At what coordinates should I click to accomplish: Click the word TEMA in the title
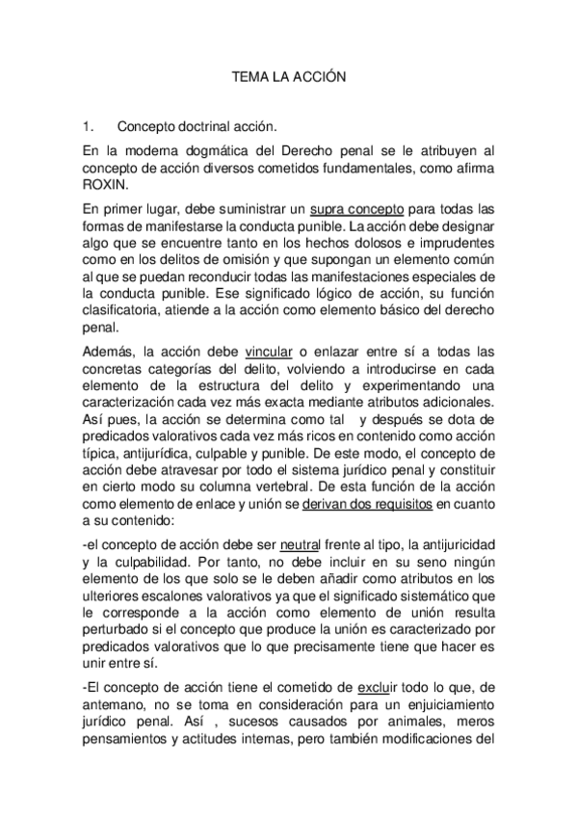pyautogui.click(x=249, y=75)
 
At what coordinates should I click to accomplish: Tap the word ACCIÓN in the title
pyautogui.click(x=319, y=75)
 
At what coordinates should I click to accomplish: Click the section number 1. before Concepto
pyautogui.click(x=88, y=125)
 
